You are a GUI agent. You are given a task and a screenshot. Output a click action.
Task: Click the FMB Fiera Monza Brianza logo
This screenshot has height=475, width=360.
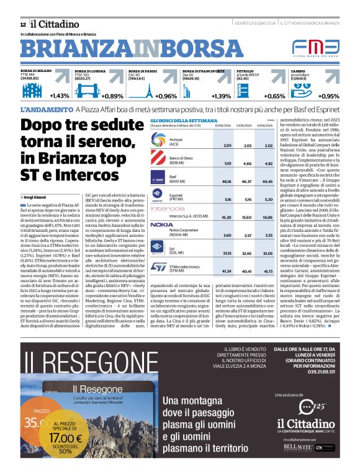316,48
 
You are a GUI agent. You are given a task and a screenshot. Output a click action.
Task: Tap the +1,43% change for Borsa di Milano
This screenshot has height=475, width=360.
59,96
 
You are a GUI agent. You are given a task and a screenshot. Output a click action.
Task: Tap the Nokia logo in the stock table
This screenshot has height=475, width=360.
161,224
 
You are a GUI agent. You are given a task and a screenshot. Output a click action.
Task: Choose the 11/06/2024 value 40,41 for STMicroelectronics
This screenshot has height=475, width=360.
247,271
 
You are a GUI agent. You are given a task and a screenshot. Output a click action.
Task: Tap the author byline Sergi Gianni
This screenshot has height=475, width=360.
36,195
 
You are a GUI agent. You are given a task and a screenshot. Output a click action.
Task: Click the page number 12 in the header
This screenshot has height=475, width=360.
23,24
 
